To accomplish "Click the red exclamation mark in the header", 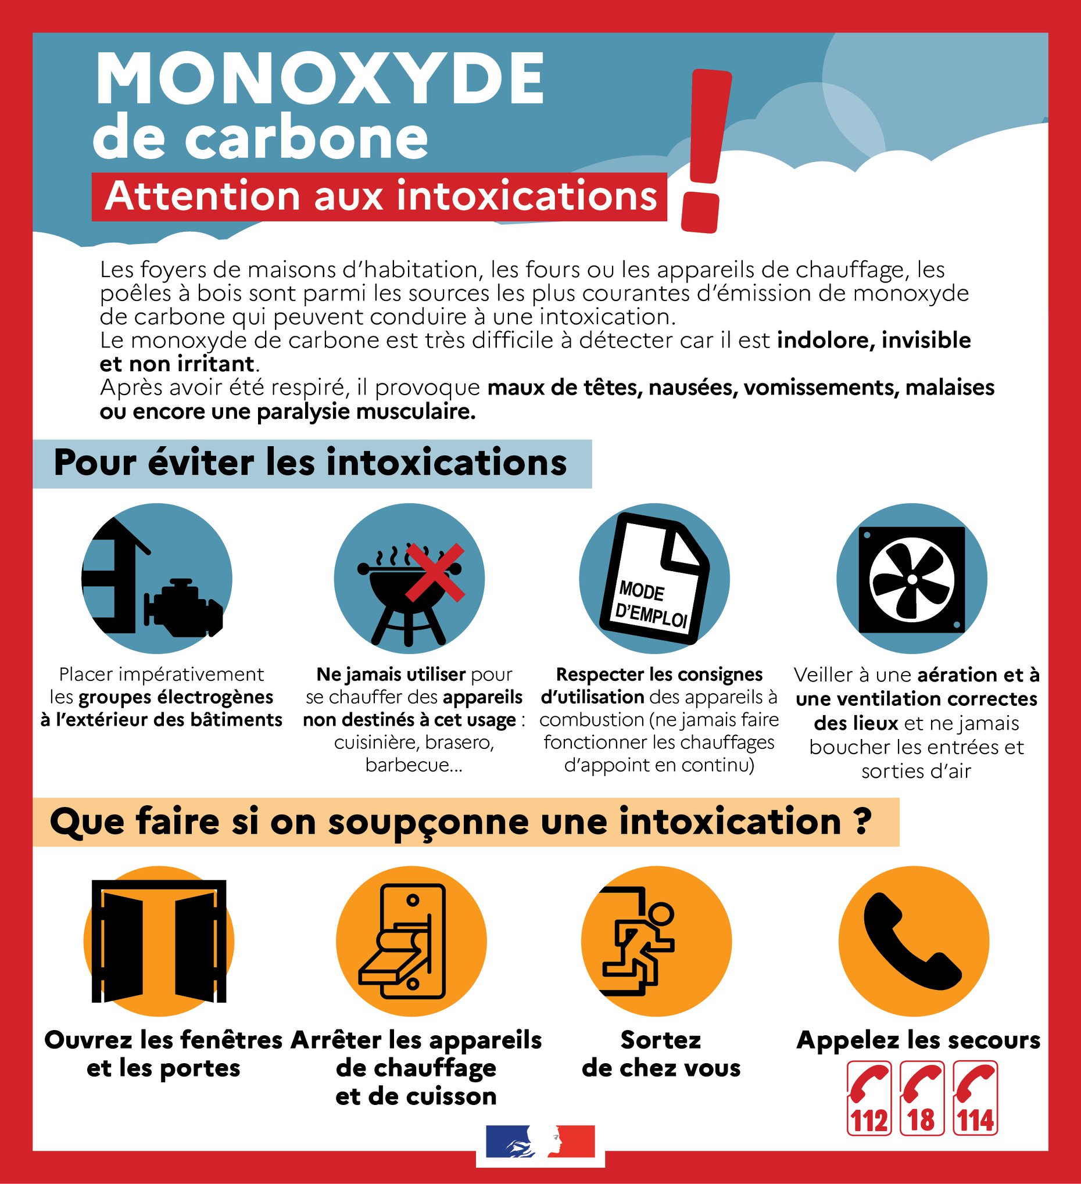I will [705, 150].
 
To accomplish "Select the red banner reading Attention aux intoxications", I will [380, 197].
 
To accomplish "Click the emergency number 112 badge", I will [869, 1098].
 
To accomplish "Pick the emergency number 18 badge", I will [921, 1098].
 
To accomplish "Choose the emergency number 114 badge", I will [975, 1098].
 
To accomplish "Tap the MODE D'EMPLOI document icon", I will [654, 579].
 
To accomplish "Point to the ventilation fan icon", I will [912, 579].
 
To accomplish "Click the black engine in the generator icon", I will [183, 608].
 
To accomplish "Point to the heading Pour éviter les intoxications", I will [310, 463].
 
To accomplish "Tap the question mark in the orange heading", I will [862, 821].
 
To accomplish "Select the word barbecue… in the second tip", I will [414, 765].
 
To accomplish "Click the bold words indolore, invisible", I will [874, 340].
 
